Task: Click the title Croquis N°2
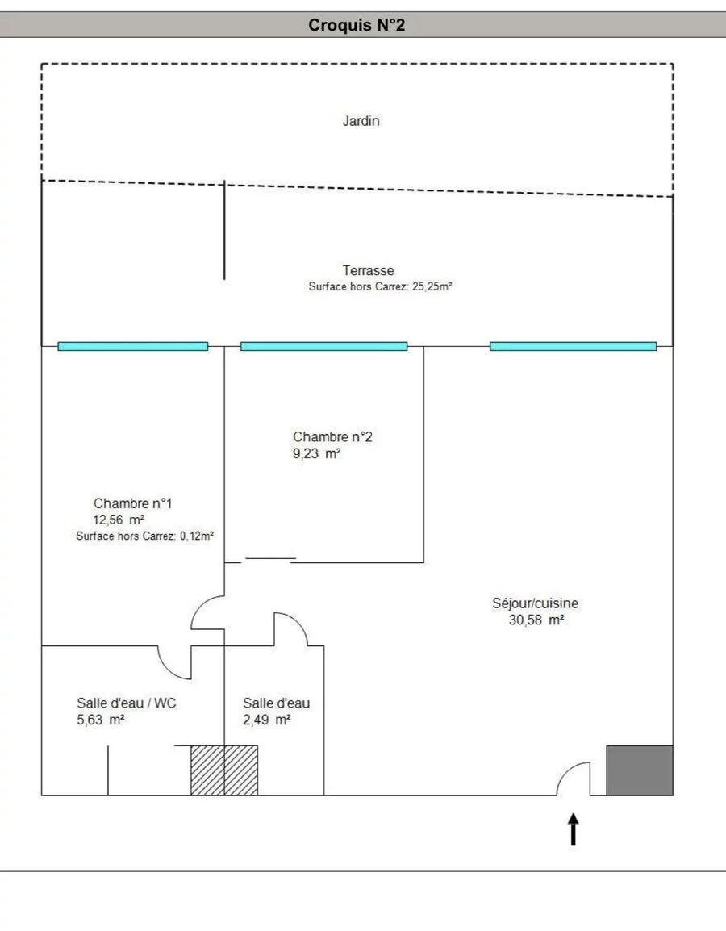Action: (357, 26)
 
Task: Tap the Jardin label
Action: (361, 122)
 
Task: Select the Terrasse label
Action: (368, 271)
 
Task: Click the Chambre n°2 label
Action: (332, 437)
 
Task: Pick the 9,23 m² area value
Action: (316, 454)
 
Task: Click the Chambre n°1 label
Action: (133, 503)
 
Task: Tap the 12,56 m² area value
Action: (119, 520)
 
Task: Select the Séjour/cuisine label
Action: (535, 603)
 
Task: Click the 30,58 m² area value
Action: (536, 620)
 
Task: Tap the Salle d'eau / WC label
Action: (127, 703)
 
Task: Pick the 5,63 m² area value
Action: (101, 720)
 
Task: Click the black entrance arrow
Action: (574, 829)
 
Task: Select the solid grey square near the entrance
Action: (640, 770)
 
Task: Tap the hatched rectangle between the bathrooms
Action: (224, 770)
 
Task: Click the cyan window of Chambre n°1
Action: (132, 346)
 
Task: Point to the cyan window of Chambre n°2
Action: (323, 346)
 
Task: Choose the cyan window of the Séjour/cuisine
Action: (573, 346)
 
